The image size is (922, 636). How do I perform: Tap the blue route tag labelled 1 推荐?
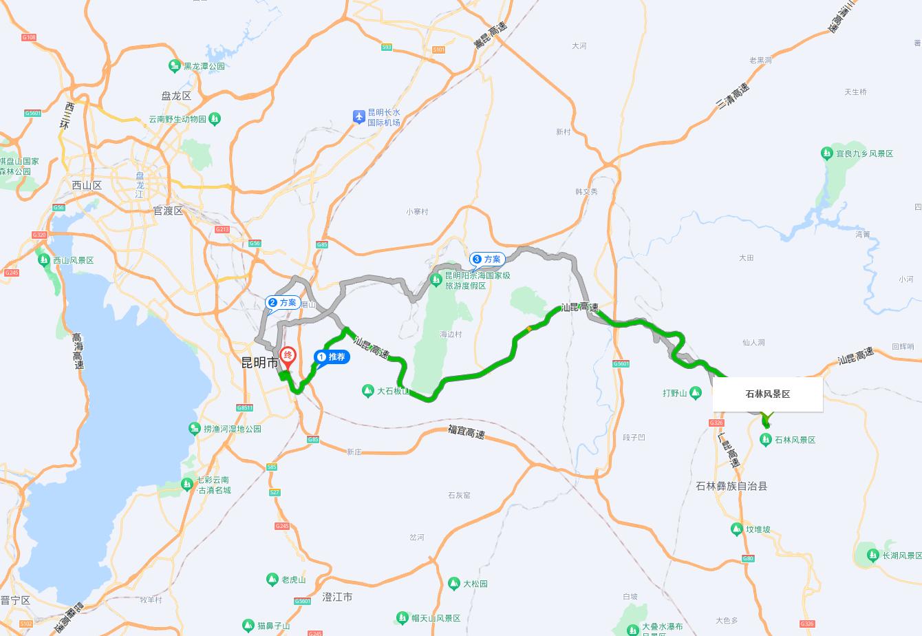[x=332, y=357]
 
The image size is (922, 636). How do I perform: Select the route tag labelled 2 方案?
[x=283, y=302]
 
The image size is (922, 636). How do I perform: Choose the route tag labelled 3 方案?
[x=487, y=259]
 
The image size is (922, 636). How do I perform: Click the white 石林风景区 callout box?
[x=767, y=394]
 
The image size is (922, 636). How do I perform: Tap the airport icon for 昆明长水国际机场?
[x=358, y=116]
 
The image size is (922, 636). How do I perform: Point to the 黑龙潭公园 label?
[x=204, y=66]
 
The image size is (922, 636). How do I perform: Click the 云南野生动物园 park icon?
[x=215, y=119]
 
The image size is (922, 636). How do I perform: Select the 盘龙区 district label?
[x=176, y=96]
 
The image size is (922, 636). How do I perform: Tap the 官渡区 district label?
[x=168, y=211]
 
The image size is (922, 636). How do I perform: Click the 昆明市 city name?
[x=259, y=363]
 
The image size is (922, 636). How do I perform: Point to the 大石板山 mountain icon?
[x=367, y=391]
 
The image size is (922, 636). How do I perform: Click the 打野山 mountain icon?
[x=696, y=393]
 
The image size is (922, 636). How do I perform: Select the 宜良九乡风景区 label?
[x=864, y=153]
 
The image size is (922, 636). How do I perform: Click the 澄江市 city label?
[x=337, y=597]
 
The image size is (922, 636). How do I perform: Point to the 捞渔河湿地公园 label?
[x=233, y=429]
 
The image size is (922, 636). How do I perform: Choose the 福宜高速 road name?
[x=466, y=432]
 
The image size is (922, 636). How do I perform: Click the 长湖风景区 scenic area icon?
[x=872, y=555]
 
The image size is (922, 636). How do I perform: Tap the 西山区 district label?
[x=87, y=185]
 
